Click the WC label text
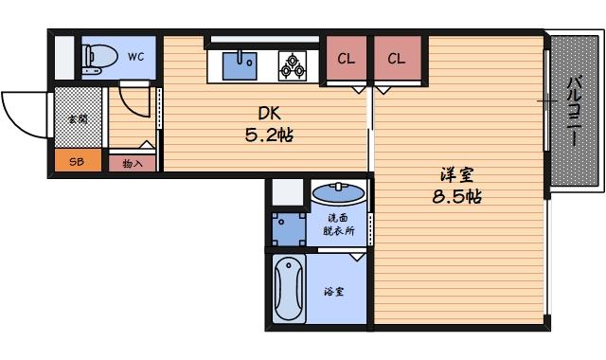pyautogui.click(x=135, y=57)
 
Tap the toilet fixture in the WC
pyautogui.click(x=98, y=58)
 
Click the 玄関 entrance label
pyautogui.click(x=77, y=120)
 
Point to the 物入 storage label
pyautogui.click(x=132, y=163)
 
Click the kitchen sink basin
pyautogui.click(x=240, y=65)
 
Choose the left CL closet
pyautogui.click(x=347, y=59)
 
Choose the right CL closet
pyautogui.click(x=396, y=59)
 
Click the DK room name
pyautogui.click(x=259, y=112)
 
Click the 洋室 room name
pyautogui.click(x=456, y=175)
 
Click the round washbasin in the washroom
pyautogui.click(x=338, y=195)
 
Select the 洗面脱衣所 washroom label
pyautogui.click(x=337, y=224)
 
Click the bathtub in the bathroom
pyautogui.click(x=290, y=290)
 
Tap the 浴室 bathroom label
pyautogui.click(x=333, y=291)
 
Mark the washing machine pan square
pyautogui.click(x=286, y=226)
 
